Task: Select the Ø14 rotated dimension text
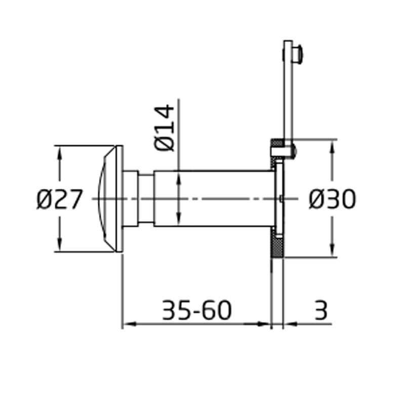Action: (x=165, y=128)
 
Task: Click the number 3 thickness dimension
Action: (x=321, y=310)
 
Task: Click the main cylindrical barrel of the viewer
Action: (x=213, y=199)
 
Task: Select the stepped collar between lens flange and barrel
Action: (x=138, y=199)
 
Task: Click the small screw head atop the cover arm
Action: (x=299, y=52)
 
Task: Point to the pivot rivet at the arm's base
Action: (x=292, y=150)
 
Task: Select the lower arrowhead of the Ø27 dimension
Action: (x=60, y=246)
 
